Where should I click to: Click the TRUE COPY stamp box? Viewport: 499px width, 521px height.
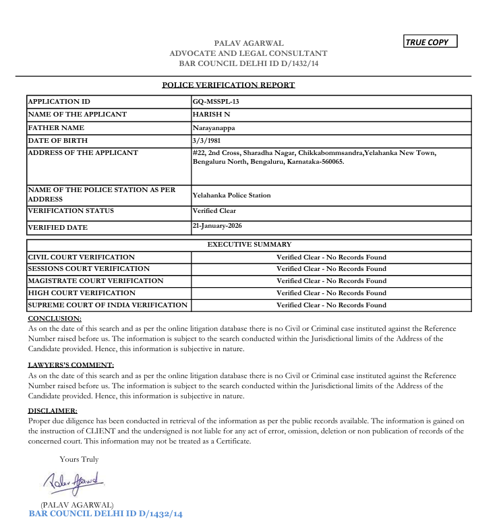(x=430, y=42)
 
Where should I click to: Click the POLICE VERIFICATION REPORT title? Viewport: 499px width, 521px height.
(x=229, y=85)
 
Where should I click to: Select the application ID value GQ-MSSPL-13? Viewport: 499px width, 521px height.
(x=216, y=101)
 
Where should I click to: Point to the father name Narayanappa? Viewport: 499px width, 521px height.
(x=214, y=127)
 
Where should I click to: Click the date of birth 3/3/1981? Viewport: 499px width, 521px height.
(x=206, y=140)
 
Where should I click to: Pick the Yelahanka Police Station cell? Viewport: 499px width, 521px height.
(x=231, y=195)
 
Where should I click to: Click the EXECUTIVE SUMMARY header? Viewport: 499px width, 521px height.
(x=249, y=245)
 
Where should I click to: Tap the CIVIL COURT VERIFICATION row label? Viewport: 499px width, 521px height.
(x=81, y=257)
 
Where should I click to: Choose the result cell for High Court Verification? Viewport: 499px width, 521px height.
(x=331, y=293)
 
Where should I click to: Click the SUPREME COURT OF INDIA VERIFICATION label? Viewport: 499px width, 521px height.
(x=107, y=305)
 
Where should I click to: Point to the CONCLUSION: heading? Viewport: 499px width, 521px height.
(x=55, y=318)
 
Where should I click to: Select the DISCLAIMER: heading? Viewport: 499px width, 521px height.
(x=53, y=410)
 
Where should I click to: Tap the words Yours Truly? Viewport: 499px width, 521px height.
(x=79, y=459)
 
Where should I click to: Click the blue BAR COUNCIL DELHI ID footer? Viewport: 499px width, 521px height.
(x=105, y=514)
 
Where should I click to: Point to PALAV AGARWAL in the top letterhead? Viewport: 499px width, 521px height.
(x=248, y=43)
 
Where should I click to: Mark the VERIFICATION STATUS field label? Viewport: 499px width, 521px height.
(x=71, y=211)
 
